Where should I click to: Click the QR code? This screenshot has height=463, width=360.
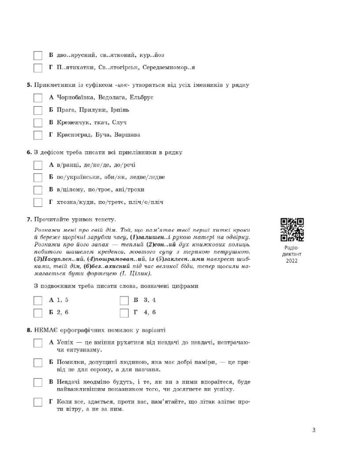(x=292, y=230)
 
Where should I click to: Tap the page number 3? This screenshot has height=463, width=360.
(x=313, y=430)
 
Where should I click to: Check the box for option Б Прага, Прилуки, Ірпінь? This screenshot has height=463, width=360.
(x=38, y=110)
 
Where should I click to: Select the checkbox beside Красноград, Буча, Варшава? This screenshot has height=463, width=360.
(x=38, y=135)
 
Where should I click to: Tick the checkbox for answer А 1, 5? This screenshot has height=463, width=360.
(x=38, y=300)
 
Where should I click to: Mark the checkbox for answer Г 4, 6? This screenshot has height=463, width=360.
(x=124, y=313)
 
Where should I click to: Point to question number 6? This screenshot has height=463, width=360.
(x=29, y=152)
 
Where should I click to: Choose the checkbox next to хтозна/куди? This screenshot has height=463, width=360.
(x=38, y=202)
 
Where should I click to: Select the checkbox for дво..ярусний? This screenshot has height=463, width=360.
(x=38, y=56)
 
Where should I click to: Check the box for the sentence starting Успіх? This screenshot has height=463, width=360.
(x=38, y=343)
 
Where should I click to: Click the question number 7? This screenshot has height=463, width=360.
(x=29, y=219)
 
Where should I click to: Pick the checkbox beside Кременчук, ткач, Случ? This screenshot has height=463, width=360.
(x=38, y=123)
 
